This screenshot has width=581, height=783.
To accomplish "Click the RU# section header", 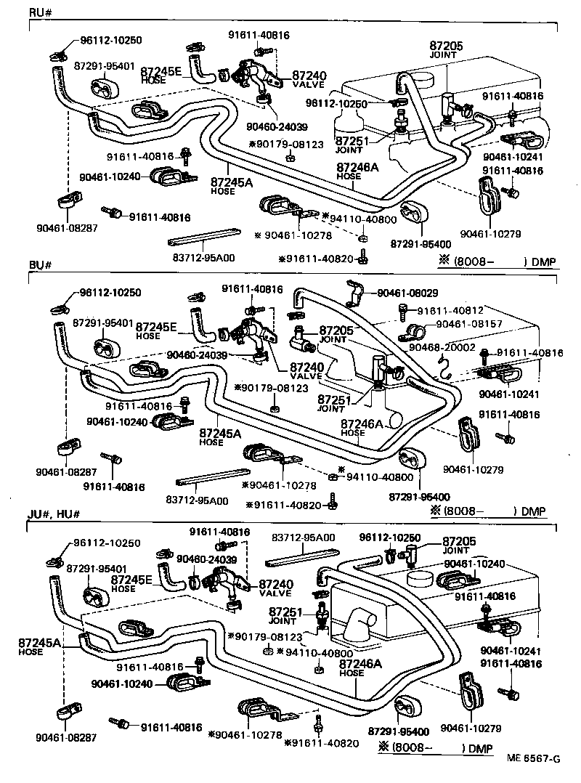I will [39, 13].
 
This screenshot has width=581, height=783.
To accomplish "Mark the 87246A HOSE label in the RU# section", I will [358, 171].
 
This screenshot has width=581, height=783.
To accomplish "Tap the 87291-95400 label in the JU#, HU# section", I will [398, 731].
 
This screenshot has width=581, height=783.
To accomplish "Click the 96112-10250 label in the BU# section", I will [110, 293].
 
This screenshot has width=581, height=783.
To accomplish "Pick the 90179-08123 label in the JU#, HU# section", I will [268, 636].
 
